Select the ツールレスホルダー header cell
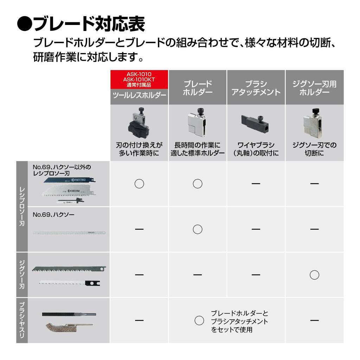click(x=139, y=95)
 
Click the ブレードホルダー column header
click(x=198, y=88)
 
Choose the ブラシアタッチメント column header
click(x=256, y=88)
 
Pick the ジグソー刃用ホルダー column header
click(x=314, y=88)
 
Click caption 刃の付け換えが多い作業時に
click(x=139, y=149)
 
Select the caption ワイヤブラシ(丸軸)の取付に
click(x=256, y=149)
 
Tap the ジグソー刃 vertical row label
click(x=22, y=275)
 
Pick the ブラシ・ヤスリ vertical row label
click(x=22, y=320)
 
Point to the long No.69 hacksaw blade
click(x=69, y=232)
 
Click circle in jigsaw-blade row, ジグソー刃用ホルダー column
click(x=314, y=275)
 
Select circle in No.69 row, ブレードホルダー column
click(x=198, y=229)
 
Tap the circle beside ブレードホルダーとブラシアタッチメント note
click(x=199, y=320)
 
